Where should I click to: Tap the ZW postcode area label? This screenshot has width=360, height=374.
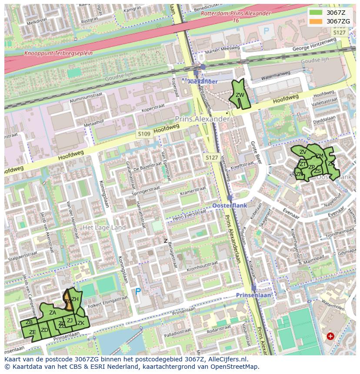tap(240, 95)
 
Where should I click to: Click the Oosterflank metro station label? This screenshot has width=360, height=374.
tap(230, 205)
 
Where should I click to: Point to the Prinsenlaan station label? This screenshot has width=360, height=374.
tap(253, 295)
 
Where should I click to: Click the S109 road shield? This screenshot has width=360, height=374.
tap(144, 134)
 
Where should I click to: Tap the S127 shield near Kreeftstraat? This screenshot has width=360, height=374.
tap(212, 157)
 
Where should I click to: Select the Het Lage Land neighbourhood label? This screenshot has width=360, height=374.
tap(104, 228)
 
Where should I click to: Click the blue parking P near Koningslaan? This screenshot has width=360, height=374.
tap(138, 291)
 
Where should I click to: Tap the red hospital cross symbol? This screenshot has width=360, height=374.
tap(330, 336)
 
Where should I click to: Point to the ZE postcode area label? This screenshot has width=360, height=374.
tap(32, 332)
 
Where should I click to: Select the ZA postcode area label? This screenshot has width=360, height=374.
tap(53, 312)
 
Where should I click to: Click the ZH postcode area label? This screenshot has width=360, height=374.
tap(75, 299)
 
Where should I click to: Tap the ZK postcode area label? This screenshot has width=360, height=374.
tap(81, 323)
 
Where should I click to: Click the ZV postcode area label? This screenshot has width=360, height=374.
tap(303, 152)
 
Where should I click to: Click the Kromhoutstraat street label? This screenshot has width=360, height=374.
tap(202, 264)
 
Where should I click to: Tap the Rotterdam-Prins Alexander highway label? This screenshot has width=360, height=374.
tap(236, 13)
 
